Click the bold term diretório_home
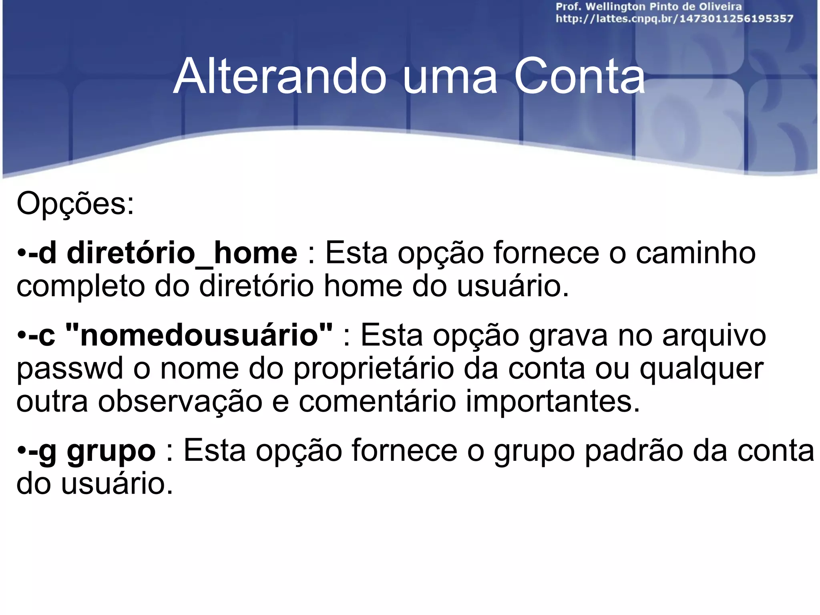pos(182,254)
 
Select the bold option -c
pos(42,336)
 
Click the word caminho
pos(695,253)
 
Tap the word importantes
pos(553,401)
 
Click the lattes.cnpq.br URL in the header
pos(674,19)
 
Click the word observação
pos(180,402)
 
